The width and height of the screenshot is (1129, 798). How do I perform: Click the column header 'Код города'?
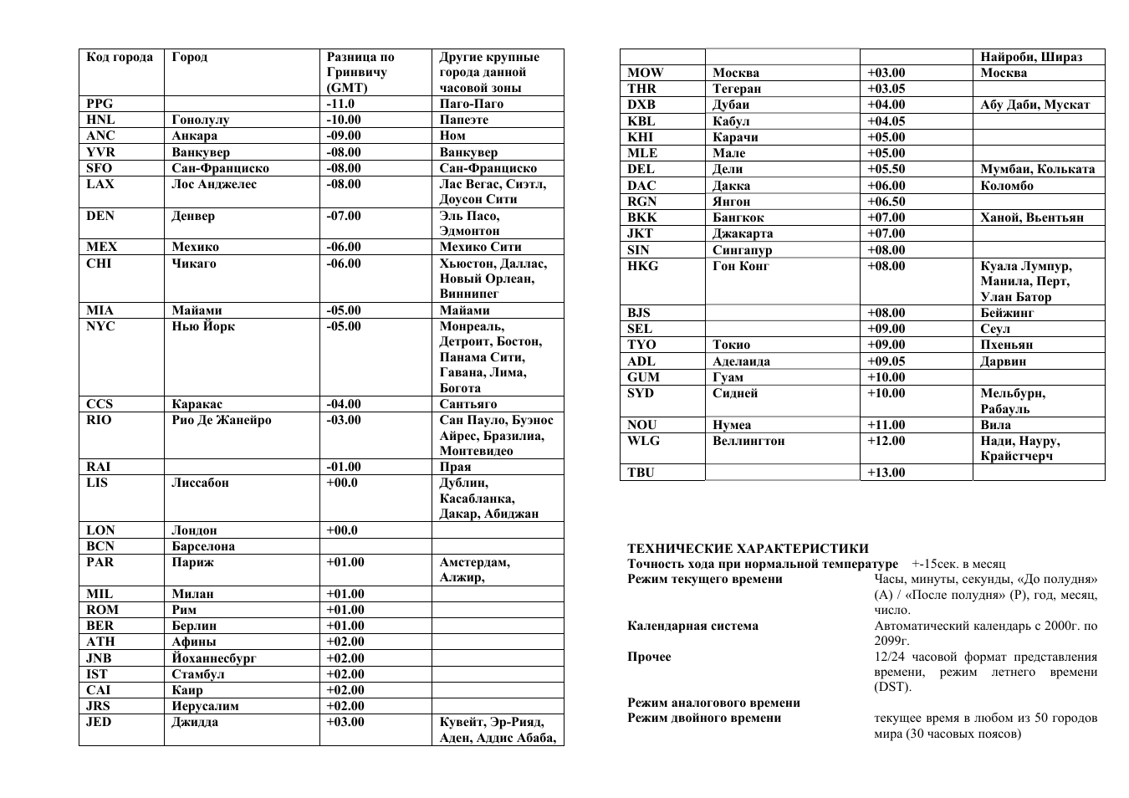coord(120,57)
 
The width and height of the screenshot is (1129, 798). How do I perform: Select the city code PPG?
coord(100,104)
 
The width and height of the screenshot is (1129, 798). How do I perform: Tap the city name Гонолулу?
coord(200,120)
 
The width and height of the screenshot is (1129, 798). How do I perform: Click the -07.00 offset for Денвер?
coord(343,216)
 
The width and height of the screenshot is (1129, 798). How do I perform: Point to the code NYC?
coord(100,326)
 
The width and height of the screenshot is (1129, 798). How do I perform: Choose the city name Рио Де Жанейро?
coord(222,420)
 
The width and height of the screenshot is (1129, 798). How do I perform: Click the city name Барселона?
coord(203,546)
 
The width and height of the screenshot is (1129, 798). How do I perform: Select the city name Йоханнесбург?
coord(214,658)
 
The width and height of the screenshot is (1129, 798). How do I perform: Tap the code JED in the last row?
coord(99,722)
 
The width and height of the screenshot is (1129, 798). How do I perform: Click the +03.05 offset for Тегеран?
coord(886,89)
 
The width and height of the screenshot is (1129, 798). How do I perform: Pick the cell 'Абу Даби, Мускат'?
coord(1034,105)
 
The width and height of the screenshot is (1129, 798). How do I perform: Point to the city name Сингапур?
coord(742,250)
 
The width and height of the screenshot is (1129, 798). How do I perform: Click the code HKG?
coord(642,266)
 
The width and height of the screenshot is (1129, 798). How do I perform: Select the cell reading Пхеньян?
coord(1006,345)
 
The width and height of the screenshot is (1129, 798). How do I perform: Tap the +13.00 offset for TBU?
coord(886,473)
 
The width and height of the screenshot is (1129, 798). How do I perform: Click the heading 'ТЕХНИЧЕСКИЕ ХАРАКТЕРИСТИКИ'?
coord(748,549)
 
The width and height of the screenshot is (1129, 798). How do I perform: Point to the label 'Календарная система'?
coord(692,626)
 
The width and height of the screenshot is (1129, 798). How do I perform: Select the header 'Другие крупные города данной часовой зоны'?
coord(489,72)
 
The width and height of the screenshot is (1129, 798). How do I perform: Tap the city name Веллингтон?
coord(748,441)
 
